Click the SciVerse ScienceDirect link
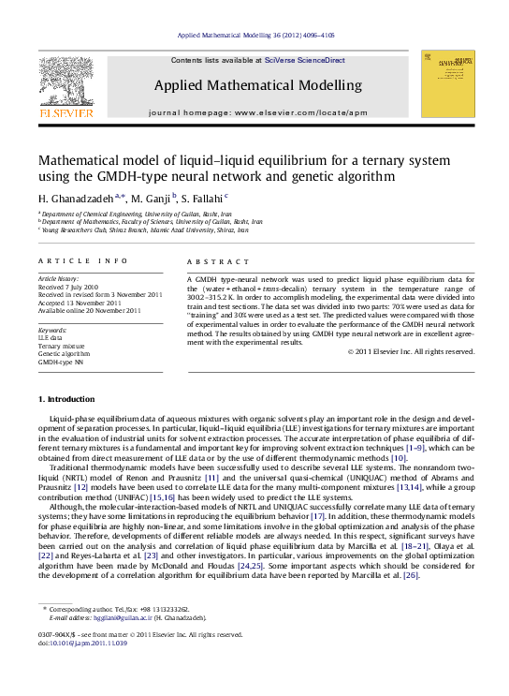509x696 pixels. click(304, 60)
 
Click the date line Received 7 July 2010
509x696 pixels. click(69, 287)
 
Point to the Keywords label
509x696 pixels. click(51, 330)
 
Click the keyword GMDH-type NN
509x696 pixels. click(59, 361)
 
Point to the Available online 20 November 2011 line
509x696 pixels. click(89, 310)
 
